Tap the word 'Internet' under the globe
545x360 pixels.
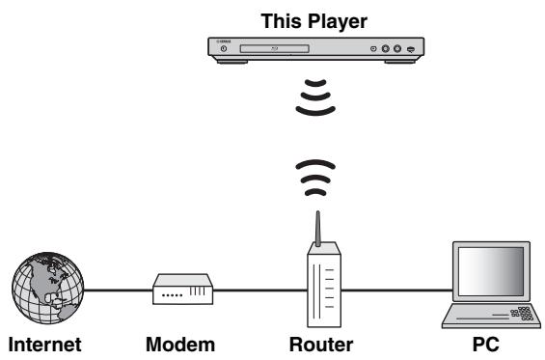44,345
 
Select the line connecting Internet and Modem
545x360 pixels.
116,289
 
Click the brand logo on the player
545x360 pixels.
225,40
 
